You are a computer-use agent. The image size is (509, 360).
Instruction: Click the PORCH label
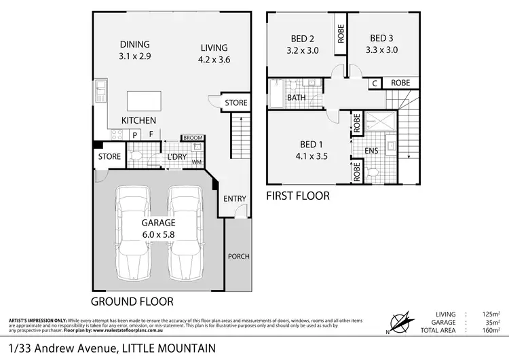[238, 257]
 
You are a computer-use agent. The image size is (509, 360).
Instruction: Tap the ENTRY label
[235, 198]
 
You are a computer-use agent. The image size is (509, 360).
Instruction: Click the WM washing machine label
[197, 162]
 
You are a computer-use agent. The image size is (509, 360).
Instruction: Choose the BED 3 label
[383, 38]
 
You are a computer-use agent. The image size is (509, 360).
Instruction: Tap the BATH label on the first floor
[296, 98]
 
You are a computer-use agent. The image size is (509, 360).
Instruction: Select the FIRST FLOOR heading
[298, 196]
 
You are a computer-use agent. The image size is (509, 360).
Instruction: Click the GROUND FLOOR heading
[132, 301]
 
